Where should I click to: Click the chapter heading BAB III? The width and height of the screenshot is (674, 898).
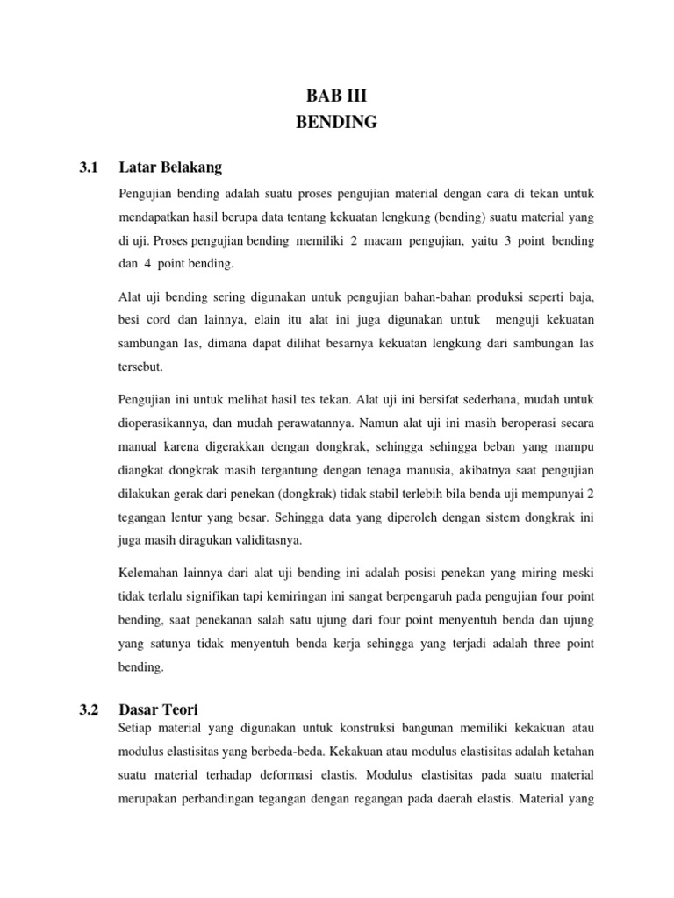[x=336, y=96]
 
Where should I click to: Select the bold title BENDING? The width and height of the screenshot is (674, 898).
[x=336, y=123]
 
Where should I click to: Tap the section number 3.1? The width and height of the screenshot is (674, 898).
[x=89, y=167]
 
